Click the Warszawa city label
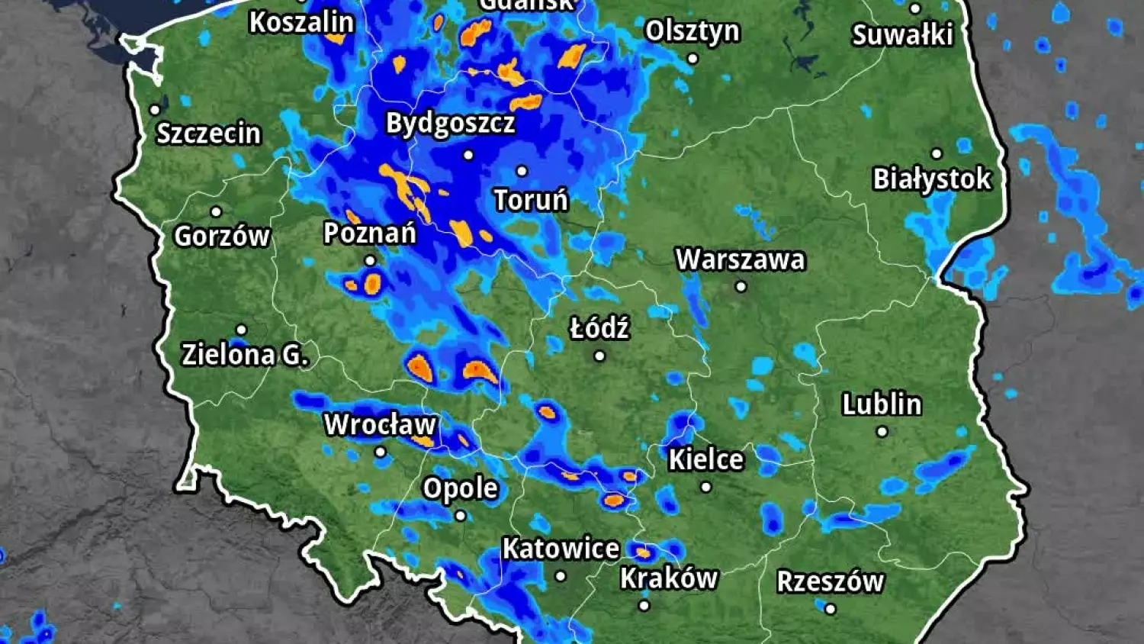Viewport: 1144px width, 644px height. point(740,259)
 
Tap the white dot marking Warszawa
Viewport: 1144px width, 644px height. point(741,287)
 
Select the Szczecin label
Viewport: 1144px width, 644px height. point(209,134)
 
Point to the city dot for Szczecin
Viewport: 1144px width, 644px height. point(155,110)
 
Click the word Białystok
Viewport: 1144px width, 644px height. point(931,179)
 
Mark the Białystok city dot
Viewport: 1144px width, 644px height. point(937,153)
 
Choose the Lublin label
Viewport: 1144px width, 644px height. point(882,404)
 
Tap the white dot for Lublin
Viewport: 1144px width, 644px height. point(882,432)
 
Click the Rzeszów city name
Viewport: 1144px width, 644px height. point(830,581)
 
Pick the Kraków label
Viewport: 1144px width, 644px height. point(669,578)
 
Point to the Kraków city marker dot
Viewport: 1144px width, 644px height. point(644,606)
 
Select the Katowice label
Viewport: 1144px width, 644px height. point(561,549)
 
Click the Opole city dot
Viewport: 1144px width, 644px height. point(461,516)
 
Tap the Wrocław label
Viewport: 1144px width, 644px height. point(380,424)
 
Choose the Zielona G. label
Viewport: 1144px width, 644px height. point(245,354)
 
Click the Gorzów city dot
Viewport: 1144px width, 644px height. point(216,211)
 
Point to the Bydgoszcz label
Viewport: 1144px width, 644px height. point(450,123)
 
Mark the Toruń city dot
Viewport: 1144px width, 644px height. point(522,171)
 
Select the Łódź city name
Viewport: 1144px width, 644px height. point(599,329)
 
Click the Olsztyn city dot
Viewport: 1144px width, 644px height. point(693,58)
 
